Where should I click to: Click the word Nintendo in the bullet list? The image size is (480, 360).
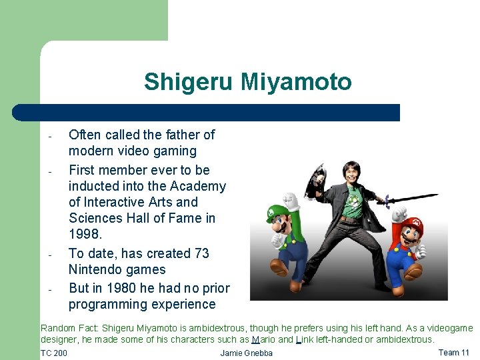(99, 270)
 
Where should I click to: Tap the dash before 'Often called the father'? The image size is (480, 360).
(50, 137)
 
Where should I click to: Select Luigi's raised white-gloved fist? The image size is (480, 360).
(290, 199)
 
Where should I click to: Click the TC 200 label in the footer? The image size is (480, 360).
(54, 353)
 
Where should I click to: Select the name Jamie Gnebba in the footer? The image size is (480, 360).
(246, 353)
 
